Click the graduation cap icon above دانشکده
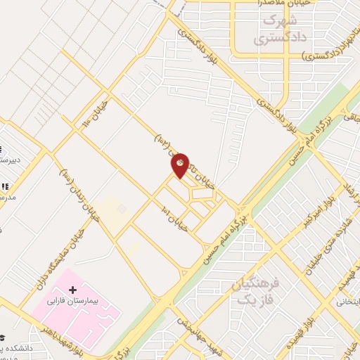2,338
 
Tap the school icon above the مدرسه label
4,187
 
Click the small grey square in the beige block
122,209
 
